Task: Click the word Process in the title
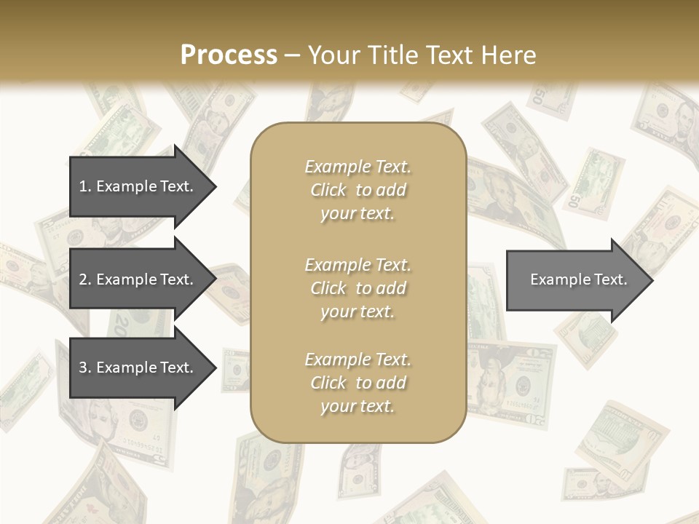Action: [229, 55]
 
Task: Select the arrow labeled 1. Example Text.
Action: [138, 186]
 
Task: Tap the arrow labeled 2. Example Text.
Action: [138, 279]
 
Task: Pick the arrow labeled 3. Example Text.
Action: [138, 368]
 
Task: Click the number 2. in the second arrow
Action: [85, 279]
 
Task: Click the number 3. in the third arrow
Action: [85, 368]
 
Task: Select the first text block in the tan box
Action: [358, 190]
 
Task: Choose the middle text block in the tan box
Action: [358, 288]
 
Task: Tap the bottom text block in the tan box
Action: [358, 383]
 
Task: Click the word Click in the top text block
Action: [328, 190]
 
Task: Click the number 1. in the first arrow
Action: [84, 186]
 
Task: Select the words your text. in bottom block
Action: [358, 406]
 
